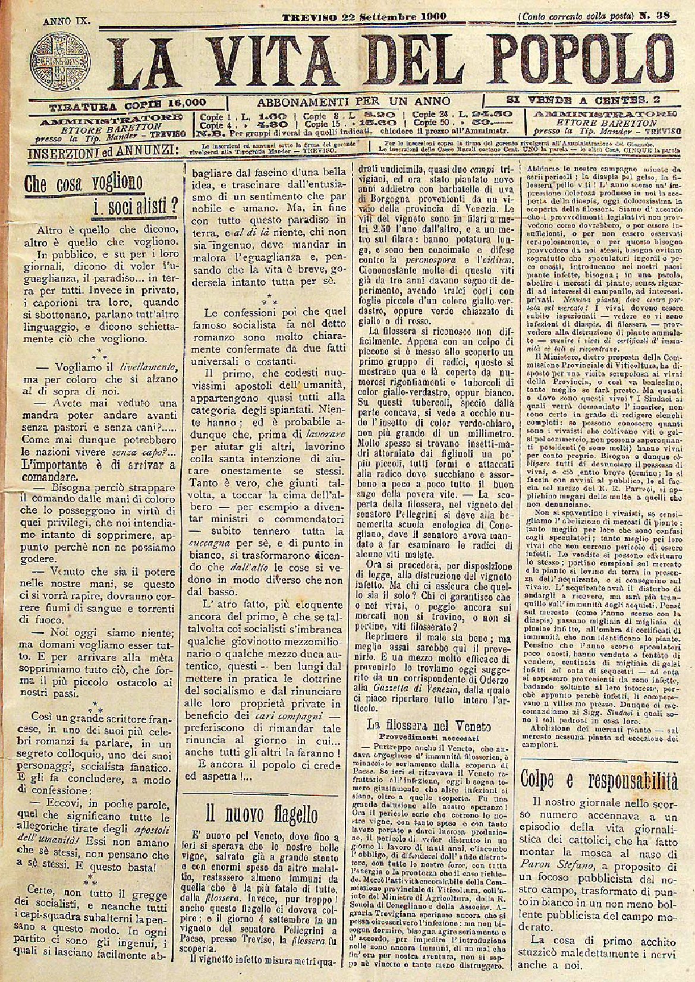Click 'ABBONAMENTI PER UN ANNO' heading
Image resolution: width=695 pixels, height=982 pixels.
[353, 101]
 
